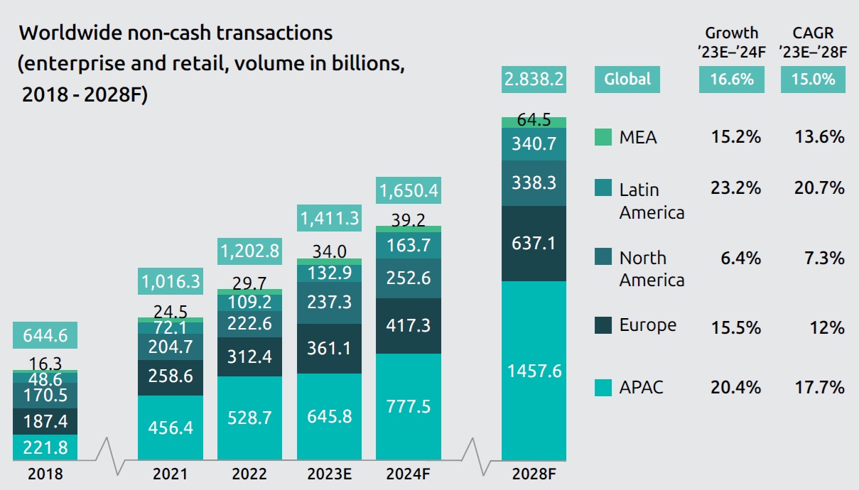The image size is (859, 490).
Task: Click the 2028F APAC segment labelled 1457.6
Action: coord(534,371)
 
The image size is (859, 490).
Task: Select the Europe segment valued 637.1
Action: coord(534,243)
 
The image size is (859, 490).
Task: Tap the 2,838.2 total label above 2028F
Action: coord(534,79)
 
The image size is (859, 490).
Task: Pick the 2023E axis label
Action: coord(329,474)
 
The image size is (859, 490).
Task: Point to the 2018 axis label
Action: coord(45,474)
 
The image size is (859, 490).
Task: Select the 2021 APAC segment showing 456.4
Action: coord(171,428)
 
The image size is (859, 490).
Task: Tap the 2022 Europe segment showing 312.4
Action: coord(250,356)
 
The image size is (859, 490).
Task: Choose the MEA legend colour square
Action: coord(603,137)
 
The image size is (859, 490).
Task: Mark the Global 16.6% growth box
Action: coord(732,79)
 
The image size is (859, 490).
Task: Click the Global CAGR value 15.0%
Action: coord(814,79)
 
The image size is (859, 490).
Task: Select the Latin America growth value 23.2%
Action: coord(736,188)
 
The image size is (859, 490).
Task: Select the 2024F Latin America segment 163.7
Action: coord(408,245)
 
